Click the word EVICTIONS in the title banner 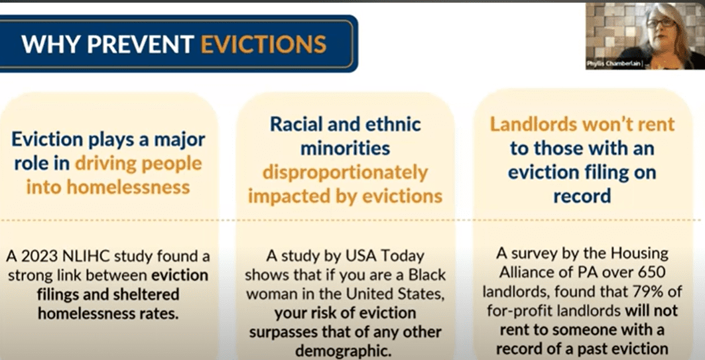pos(263,44)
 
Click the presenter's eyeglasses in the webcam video pos(661,23)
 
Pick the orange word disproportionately pos(346,174)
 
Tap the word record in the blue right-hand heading pos(582,196)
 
